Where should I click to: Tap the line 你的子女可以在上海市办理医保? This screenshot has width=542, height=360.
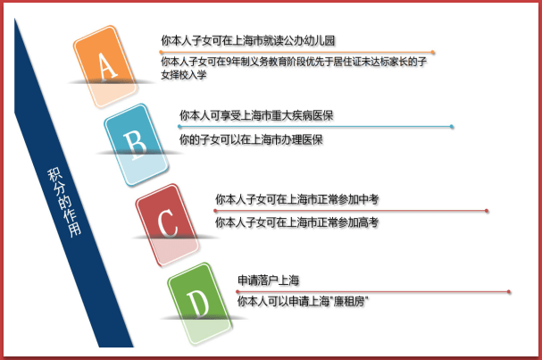coord(251,140)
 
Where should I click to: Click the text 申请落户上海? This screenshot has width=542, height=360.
coord(268,280)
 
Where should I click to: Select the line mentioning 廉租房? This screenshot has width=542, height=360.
coord(304,303)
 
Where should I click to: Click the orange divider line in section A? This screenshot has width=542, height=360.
coord(295,53)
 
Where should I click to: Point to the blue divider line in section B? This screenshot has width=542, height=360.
coord(313,128)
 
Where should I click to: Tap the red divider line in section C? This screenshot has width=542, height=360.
coord(348,211)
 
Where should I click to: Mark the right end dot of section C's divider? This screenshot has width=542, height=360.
coord(487,211)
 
